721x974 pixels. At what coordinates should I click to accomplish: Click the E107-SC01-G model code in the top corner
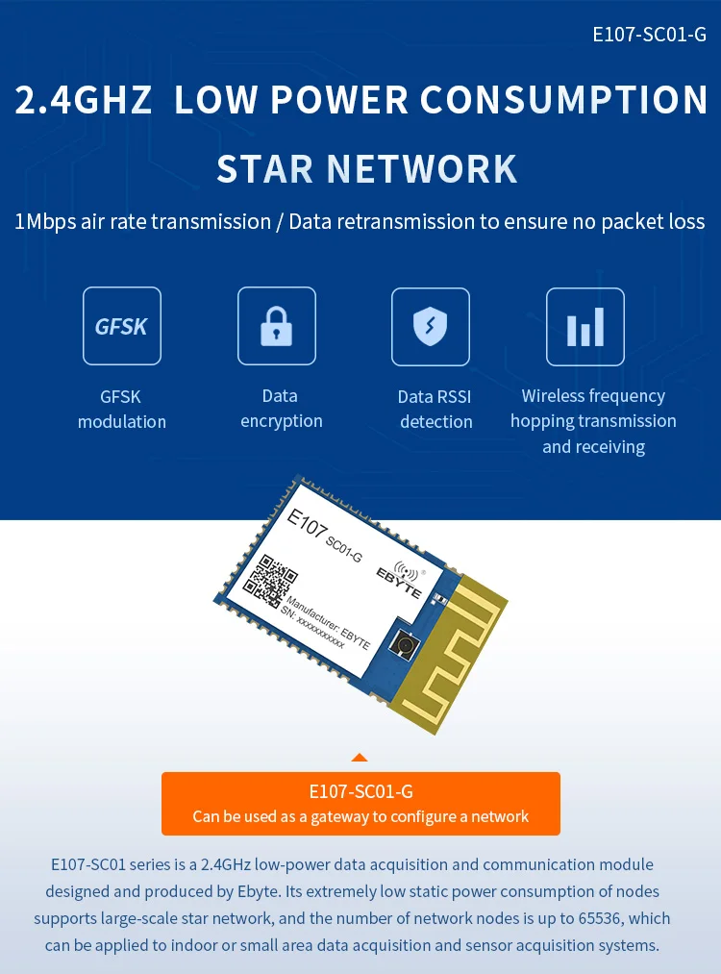(649, 36)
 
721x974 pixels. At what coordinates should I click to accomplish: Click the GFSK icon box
(122, 326)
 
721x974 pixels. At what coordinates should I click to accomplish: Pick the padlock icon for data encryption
(277, 327)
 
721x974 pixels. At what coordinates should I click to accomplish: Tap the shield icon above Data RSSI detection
(430, 327)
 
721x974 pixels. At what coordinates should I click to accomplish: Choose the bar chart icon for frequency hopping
(584, 327)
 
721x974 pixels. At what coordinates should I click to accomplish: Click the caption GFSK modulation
(122, 409)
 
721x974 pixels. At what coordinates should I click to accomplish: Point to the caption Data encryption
(281, 409)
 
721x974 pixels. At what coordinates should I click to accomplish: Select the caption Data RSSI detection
(435, 409)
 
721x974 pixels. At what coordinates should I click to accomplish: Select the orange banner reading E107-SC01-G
(360, 803)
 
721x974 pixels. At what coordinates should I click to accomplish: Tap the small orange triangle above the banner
(360, 759)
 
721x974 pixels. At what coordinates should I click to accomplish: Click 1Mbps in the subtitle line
(46, 222)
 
